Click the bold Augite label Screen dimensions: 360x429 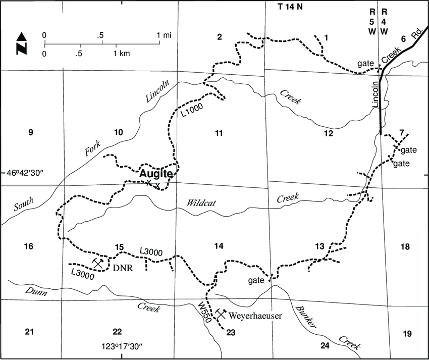coord(156,174)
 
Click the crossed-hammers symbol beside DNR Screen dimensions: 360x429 coord(98,263)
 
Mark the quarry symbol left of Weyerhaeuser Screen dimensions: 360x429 coord(220,314)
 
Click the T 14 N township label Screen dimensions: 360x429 coord(292,7)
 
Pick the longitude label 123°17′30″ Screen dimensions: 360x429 coord(123,347)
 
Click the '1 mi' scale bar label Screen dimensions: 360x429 coord(165,35)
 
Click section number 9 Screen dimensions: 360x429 coord(30,133)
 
